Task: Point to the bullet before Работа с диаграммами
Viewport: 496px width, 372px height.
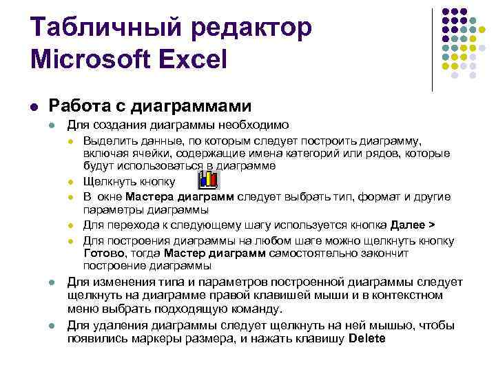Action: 34,107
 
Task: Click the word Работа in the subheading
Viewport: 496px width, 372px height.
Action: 75,105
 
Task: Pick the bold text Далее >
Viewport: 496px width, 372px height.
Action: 413,225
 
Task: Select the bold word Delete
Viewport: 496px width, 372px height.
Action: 368,338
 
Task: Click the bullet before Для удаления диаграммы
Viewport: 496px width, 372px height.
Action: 52,326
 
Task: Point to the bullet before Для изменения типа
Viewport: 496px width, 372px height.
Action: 52,283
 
